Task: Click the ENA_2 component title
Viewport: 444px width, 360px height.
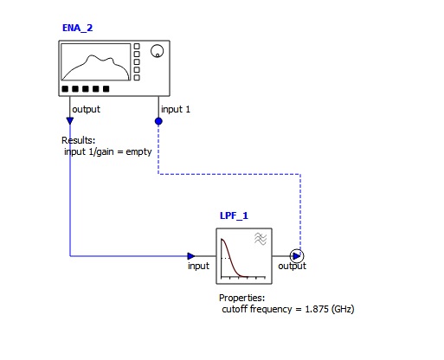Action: coord(77,28)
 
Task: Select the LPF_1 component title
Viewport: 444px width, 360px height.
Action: coord(234,215)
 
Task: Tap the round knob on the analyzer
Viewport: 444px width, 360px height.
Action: coord(157,51)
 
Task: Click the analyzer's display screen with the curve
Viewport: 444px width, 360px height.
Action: coord(96,62)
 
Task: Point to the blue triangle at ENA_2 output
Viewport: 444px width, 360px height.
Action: coord(70,120)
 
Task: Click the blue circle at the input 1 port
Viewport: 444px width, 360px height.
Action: coord(158,121)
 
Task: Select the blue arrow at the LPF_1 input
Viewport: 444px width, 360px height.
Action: coord(191,256)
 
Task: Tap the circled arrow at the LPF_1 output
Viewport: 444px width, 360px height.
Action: coord(297,256)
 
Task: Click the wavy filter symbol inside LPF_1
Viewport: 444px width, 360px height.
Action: coord(261,239)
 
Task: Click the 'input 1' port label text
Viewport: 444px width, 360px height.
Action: coord(176,109)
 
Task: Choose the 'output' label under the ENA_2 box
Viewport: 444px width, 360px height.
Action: coord(86,109)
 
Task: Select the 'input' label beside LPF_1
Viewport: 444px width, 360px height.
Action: coord(198,266)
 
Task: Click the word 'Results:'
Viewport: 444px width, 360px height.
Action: coord(78,140)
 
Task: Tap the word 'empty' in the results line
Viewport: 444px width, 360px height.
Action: coord(138,151)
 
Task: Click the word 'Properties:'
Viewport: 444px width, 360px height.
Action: coord(241,298)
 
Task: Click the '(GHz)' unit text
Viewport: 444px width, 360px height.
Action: coord(343,309)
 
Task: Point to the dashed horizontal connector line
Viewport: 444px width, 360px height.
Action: coord(229,174)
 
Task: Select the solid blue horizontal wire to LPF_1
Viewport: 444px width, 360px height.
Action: coord(129,256)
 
